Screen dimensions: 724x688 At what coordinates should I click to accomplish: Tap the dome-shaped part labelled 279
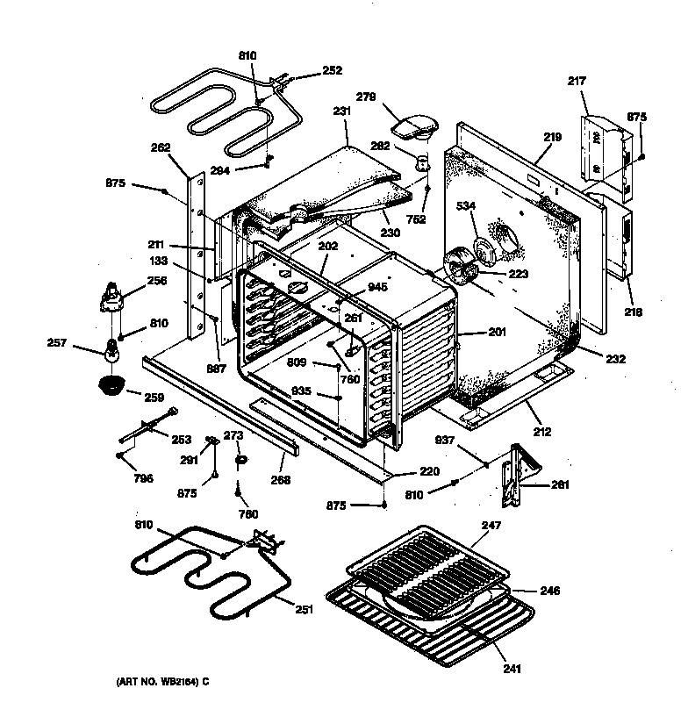[412, 126]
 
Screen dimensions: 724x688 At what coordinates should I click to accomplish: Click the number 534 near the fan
[467, 207]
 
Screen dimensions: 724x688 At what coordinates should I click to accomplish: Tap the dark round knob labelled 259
[111, 384]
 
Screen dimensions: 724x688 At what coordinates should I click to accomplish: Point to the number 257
[55, 343]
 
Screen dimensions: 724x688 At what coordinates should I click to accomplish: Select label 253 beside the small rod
[182, 439]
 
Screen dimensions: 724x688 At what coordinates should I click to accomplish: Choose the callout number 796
[143, 478]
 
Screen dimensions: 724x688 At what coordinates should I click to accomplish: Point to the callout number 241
[512, 669]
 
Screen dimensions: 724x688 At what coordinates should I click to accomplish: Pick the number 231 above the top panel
[341, 112]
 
